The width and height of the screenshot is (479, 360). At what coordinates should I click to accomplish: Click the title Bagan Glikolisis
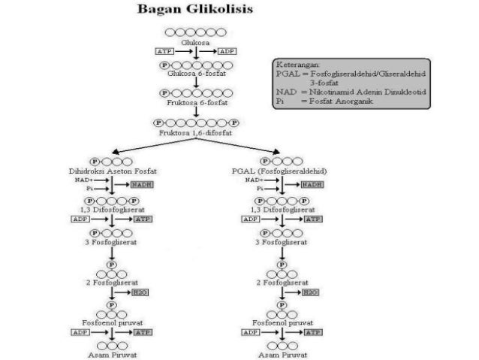pyautogui.click(x=194, y=11)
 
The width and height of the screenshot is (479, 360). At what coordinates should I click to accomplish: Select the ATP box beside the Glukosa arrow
pyautogui.click(x=164, y=51)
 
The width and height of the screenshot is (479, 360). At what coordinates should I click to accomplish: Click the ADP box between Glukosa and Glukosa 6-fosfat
pyautogui.click(x=226, y=51)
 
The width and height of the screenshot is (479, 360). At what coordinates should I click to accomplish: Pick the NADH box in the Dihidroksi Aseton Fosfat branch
pyautogui.click(x=141, y=184)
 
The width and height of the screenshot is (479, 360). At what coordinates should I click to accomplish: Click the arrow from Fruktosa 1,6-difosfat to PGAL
pyautogui.click(x=240, y=147)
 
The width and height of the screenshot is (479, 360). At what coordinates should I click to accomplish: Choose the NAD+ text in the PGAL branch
pyautogui.click(x=253, y=180)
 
